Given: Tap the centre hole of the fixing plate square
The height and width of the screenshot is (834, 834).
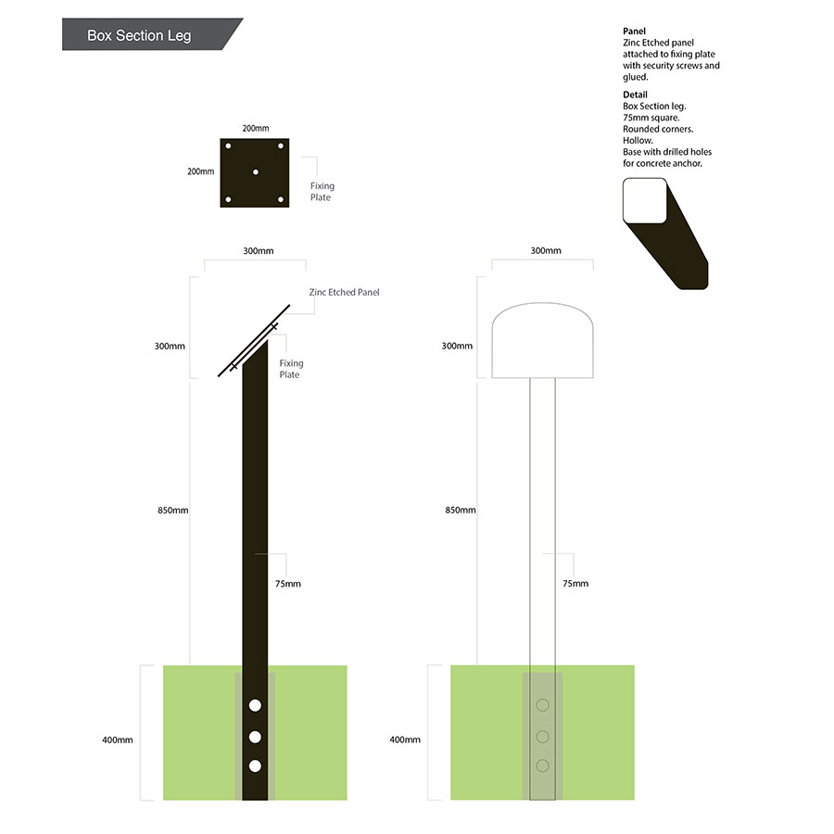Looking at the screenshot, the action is [256, 172].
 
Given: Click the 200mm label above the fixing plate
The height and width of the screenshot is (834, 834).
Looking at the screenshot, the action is [256, 128].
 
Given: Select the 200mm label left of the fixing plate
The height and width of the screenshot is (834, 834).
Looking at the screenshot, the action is [200, 171].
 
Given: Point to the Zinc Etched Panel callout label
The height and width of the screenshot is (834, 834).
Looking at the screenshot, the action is [344, 292].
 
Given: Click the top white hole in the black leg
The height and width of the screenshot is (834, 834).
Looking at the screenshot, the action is [256, 705].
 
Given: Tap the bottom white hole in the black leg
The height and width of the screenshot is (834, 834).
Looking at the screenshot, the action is [256, 766].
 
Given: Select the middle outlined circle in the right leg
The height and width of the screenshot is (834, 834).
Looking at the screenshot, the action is [542, 737].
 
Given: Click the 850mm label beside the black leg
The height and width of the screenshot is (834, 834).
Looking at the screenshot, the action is [173, 510].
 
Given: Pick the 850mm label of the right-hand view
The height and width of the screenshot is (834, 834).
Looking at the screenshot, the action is [461, 510].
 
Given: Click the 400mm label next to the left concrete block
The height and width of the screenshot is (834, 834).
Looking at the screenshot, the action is [118, 739].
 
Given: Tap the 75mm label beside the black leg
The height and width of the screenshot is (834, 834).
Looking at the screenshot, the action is [288, 584].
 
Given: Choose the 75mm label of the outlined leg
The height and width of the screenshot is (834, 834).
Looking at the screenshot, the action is [575, 583].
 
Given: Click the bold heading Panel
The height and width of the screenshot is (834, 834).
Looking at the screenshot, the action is [634, 31].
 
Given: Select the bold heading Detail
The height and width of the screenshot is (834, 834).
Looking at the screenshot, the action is [635, 95].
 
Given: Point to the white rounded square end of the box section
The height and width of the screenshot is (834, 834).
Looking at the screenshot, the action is [645, 200].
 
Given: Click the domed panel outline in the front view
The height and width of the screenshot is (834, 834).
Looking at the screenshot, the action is [542, 303].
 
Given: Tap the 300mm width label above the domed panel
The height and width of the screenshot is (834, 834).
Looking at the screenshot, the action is [546, 250].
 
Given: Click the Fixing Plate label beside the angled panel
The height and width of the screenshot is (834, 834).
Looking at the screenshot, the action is [291, 369].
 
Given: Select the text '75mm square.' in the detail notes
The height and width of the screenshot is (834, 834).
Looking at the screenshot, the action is [651, 118].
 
